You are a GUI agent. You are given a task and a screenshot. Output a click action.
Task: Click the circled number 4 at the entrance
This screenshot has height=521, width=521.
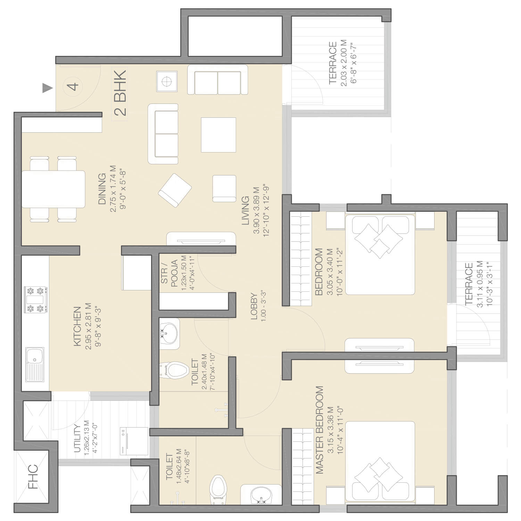point(74,86)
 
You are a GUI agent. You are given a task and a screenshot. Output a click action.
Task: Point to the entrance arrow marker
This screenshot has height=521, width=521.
point(47,88)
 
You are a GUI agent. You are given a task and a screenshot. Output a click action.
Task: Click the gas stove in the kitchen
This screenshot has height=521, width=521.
point(36,299)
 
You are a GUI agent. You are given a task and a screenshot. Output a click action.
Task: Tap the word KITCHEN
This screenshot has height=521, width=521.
point(77,326)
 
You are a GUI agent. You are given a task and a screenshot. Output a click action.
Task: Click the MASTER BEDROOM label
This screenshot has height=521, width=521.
point(320,430)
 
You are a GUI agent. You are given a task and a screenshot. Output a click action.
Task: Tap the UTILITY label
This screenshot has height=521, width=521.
point(77,438)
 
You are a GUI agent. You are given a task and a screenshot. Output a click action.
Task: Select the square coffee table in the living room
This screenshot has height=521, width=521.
point(218,135)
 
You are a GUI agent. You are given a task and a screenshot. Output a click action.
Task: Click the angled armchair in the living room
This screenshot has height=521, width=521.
point(175,190)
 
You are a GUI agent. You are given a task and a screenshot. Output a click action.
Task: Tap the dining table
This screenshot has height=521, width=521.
point(53,189)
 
